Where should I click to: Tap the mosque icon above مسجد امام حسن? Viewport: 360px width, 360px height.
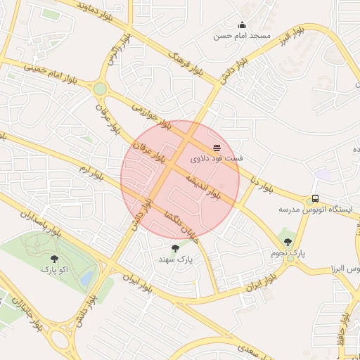pos(243,25)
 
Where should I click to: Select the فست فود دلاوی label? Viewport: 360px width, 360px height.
pos(217,159)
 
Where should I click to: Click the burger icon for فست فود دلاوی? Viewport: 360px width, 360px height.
pos(217,148)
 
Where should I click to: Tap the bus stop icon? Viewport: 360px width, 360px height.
pos(315,199)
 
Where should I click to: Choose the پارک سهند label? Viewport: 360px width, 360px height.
pos(175,259)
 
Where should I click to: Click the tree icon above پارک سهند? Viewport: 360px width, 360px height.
pos(175,248)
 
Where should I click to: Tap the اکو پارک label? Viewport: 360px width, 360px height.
pos(54,269)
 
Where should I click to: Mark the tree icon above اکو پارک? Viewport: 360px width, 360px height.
pos(54,258)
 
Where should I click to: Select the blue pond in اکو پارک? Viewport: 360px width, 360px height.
pos(86,278)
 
